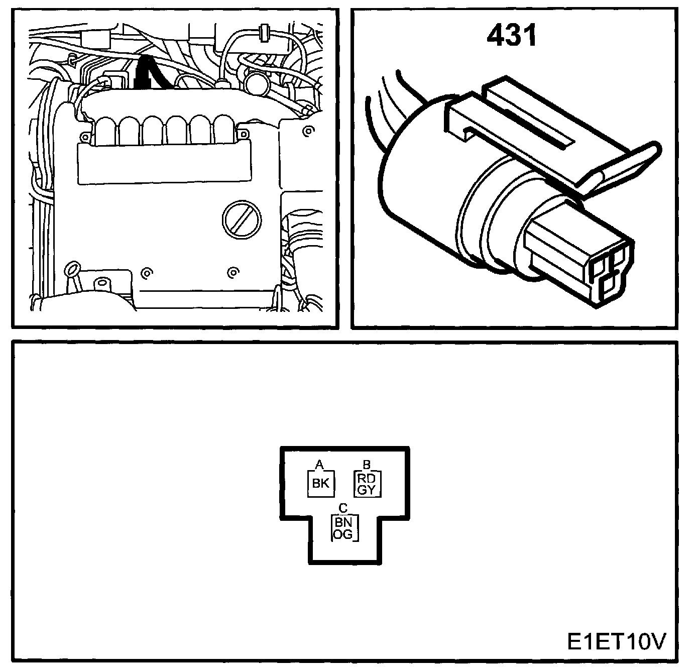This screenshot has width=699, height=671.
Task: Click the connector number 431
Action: [512, 36]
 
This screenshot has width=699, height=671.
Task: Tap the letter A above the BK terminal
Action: [318, 465]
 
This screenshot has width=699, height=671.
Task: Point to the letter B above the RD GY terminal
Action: [367, 465]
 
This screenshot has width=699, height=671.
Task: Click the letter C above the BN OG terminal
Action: [343, 507]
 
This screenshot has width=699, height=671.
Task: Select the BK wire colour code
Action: [320, 484]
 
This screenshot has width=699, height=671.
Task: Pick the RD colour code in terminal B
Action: [367, 479]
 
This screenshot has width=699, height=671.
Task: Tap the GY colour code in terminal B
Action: [367, 490]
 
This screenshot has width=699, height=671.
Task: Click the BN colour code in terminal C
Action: [343, 522]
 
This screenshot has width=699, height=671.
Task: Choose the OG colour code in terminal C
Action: [343, 534]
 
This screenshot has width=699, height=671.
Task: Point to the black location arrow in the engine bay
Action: [144, 73]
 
